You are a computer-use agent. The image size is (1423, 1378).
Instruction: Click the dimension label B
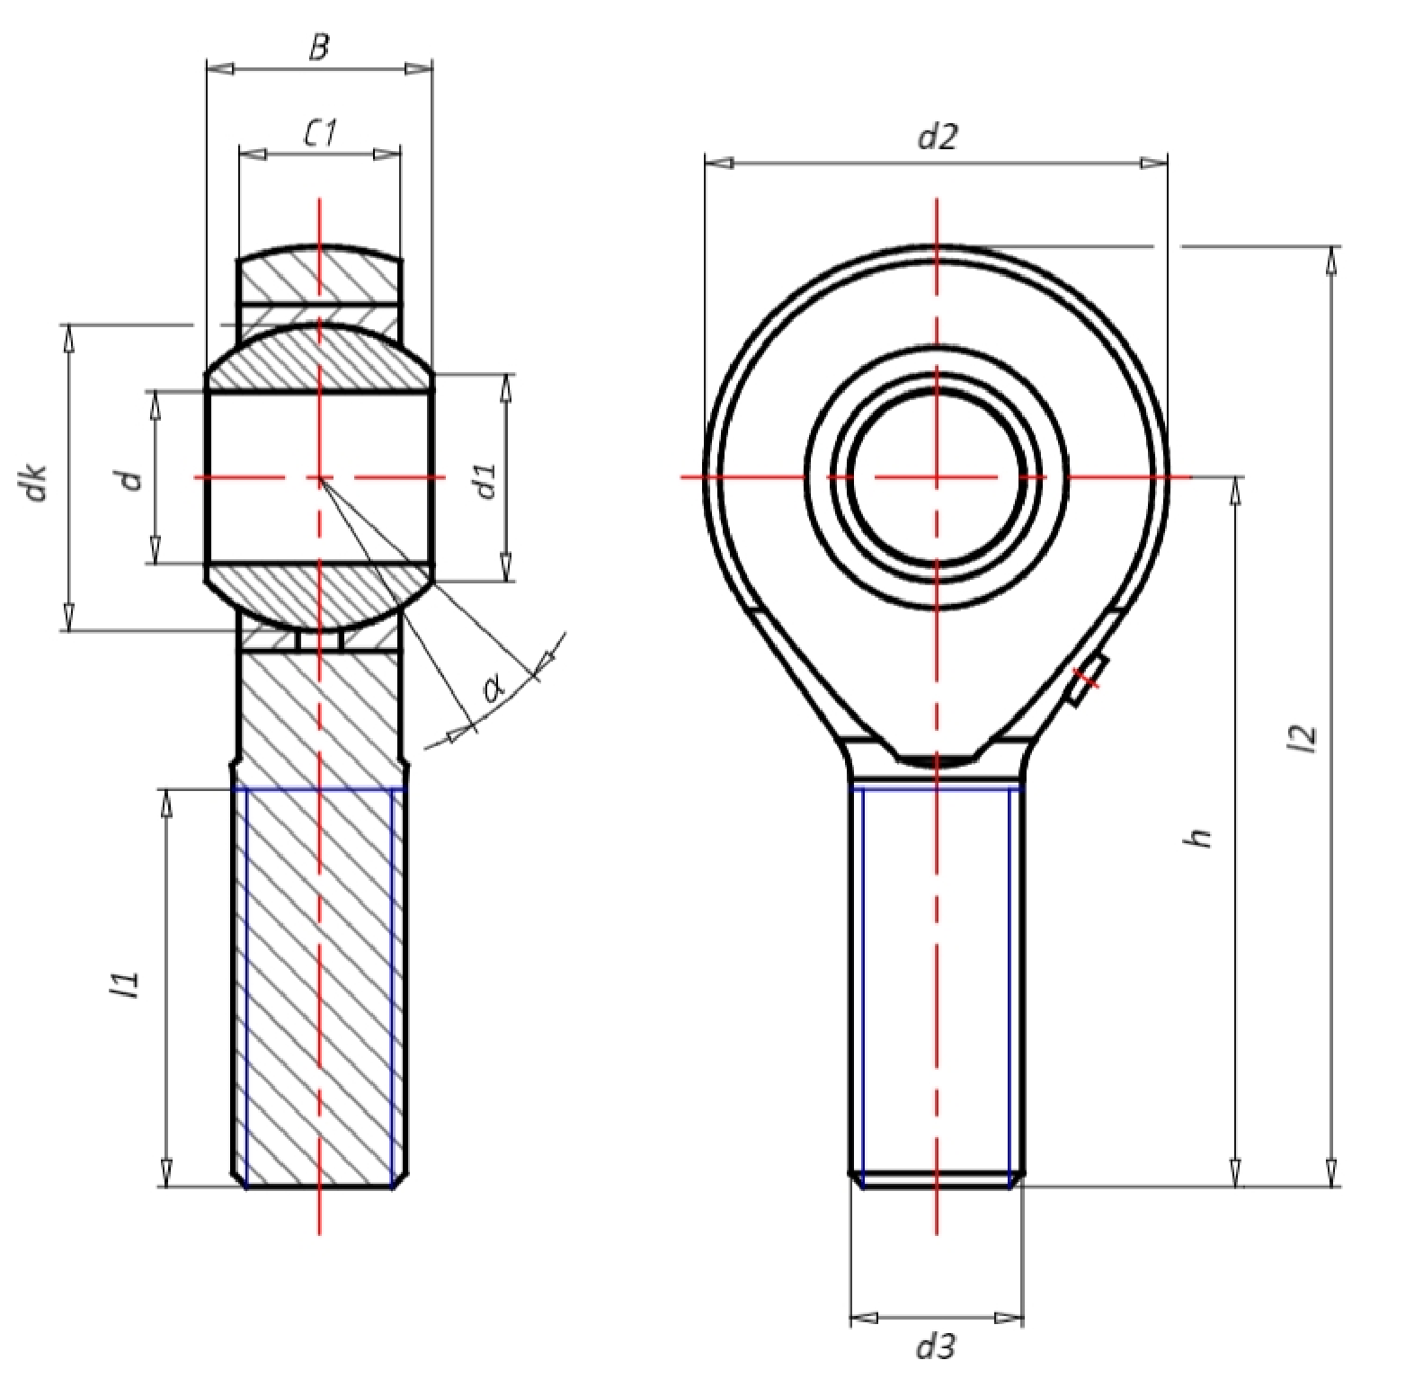click(x=319, y=48)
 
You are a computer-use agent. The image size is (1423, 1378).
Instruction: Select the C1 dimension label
click(x=320, y=134)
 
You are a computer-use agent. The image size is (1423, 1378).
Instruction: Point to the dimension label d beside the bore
click(x=132, y=479)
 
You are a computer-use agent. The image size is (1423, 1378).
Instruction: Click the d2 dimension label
click(x=938, y=138)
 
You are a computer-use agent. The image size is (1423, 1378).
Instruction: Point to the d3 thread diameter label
click(x=936, y=1347)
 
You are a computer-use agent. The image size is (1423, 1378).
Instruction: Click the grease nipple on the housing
click(x=1087, y=680)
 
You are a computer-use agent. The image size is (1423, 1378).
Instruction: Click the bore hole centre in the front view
click(x=937, y=476)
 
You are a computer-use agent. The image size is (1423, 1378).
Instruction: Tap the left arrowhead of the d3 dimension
click(x=864, y=1319)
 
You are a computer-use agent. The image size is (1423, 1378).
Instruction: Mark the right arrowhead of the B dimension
click(x=418, y=68)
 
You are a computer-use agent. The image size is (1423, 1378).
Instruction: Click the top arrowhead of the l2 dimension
click(x=1331, y=260)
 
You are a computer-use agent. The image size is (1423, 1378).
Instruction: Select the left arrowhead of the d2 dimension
click(x=719, y=163)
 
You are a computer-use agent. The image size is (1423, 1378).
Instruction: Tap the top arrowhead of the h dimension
click(x=1236, y=491)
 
